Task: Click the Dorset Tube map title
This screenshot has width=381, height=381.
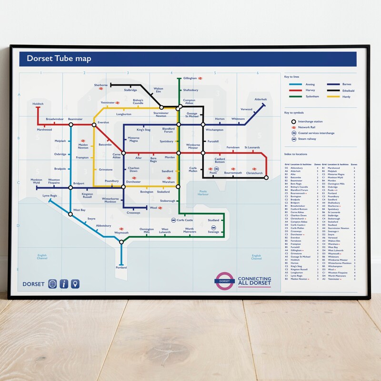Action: click(x=59, y=59)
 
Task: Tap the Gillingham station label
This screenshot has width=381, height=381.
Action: click(x=190, y=78)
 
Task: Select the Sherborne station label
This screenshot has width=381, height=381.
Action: click(x=101, y=85)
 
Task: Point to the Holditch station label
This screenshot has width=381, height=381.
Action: click(x=38, y=103)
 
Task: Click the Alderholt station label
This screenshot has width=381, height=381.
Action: click(x=261, y=99)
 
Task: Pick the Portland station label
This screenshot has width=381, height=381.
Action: click(x=121, y=268)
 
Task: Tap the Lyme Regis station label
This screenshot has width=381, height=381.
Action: click(x=50, y=195)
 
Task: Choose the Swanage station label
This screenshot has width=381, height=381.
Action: click(x=213, y=232)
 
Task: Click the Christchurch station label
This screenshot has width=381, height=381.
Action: click(x=254, y=173)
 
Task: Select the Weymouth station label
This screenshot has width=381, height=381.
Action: click(x=121, y=233)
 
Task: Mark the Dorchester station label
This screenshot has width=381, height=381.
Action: click(x=133, y=181)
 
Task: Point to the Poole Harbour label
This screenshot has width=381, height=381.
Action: click(x=203, y=192)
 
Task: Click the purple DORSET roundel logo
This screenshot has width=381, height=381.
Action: click(x=224, y=281)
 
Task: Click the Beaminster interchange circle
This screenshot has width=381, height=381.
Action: click(x=70, y=125)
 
